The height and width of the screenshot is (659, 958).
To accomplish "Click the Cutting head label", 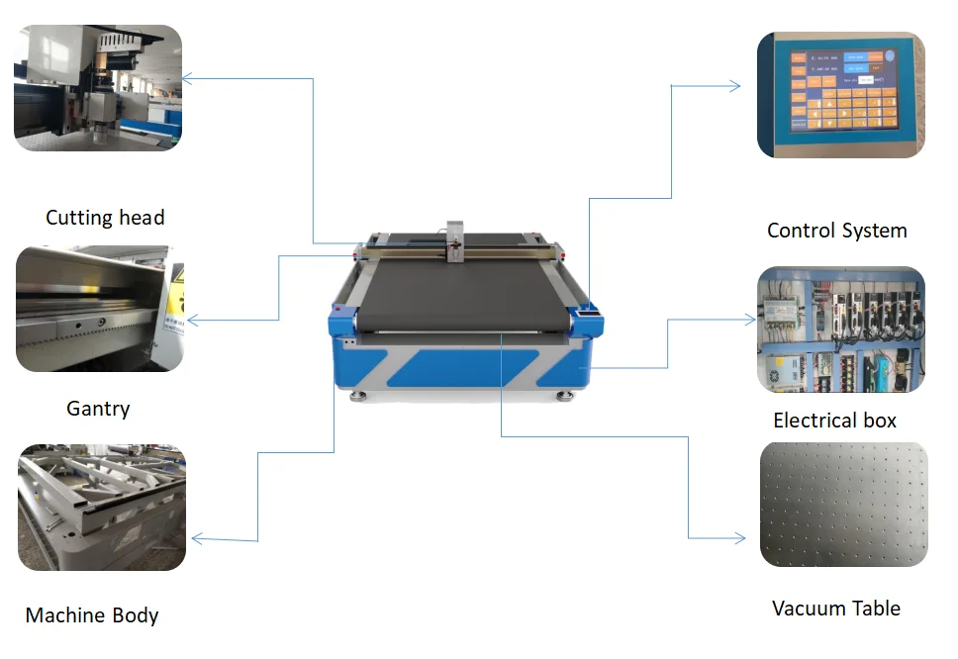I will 105,218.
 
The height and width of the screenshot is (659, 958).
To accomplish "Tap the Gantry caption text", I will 98,408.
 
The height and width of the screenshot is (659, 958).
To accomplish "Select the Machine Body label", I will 92,615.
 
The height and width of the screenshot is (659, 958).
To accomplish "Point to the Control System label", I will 836,231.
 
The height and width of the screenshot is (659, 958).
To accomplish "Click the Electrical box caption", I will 834,421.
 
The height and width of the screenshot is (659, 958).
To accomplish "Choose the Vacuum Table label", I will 835,609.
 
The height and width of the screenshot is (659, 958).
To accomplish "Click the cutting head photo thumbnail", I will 98,88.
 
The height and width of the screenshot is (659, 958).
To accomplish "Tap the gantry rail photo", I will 99,309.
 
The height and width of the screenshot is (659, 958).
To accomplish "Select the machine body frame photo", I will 102,508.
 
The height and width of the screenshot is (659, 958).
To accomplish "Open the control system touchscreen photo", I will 840,94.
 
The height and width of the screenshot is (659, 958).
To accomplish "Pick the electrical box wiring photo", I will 840,329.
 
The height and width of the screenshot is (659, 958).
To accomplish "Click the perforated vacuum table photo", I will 843,505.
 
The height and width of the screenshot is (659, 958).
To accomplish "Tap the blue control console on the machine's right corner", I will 589,310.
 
